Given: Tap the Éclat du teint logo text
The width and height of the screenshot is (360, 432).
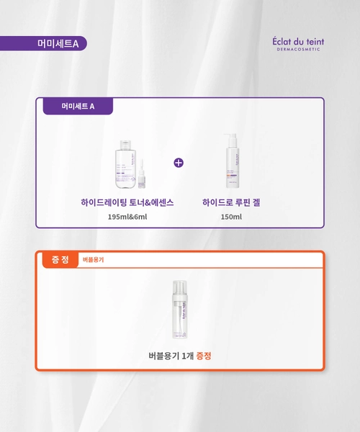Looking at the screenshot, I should click(x=293, y=40).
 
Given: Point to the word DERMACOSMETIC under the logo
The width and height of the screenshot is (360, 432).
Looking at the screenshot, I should click(x=294, y=50).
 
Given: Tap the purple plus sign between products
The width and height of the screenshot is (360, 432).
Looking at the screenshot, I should click(x=179, y=162).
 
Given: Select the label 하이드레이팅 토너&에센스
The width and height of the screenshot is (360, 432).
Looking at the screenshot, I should click(x=127, y=203).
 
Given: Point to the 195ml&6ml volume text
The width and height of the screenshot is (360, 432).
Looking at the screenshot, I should click(x=127, y=217).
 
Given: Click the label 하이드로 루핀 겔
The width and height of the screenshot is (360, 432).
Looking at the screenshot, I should click(x=232, y=203).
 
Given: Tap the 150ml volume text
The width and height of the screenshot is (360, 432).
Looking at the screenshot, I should click(x=232, y=217).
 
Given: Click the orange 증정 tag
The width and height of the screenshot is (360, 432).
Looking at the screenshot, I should click(x=60, y=259).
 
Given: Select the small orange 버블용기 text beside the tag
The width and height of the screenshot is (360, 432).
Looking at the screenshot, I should click(x=93, y=260).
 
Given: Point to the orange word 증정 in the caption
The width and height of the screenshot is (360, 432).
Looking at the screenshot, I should click(x=203, y=355).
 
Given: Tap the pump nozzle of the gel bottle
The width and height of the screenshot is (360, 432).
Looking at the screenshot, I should click(x=230, y=135).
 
